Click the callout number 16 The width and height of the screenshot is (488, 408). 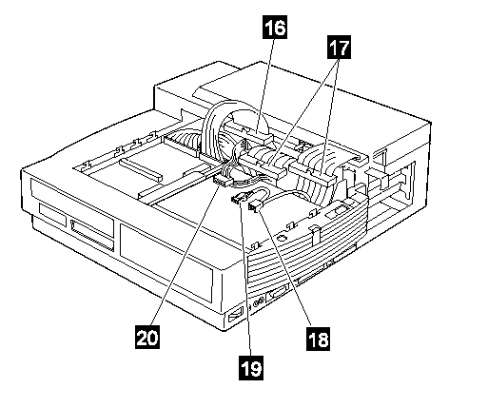[x=275, y=28]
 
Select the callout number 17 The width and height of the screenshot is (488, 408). [x=339, y=48]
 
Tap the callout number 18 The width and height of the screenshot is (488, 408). [x=318, y=339]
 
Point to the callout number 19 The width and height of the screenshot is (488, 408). [x=251, y=368]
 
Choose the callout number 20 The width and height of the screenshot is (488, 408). [x=147, y=337]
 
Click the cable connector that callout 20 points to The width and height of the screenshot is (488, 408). [x=221, y=182]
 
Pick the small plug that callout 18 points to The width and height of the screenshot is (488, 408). [x=255, y=207]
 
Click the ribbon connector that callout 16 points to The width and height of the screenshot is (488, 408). [x=249, y=132]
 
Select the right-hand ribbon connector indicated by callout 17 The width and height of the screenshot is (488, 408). [x=313, y=175]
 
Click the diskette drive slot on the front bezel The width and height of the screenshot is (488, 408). [x=92, y=232]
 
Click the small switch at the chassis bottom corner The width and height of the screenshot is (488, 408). [x=235, y=317]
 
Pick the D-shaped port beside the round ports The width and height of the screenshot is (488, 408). [x=277, y=295]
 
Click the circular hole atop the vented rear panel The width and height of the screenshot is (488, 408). [x=282, y=238]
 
